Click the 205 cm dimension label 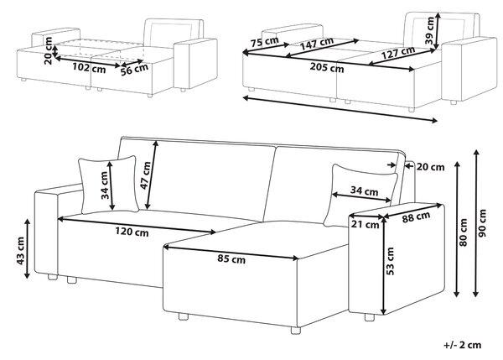(327, 68)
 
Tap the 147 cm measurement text (317, 44)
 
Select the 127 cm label (398, 53)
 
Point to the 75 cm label (265, 42)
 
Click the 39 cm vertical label (429, 30)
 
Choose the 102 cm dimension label (89, 67)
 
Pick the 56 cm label (134, 70)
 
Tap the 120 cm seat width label (132, 232)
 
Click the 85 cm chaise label (231, 258)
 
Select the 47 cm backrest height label (145, 175)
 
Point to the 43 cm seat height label (20, 251)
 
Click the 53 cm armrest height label (390, 261)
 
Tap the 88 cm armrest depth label (416, 217)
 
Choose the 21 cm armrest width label (365, 224)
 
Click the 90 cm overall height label (482, 223)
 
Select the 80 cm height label (463, 232)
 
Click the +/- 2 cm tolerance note (463, 345)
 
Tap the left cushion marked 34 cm (109, 185)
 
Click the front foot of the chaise (296, 331)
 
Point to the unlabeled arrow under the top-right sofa (340, 109)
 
